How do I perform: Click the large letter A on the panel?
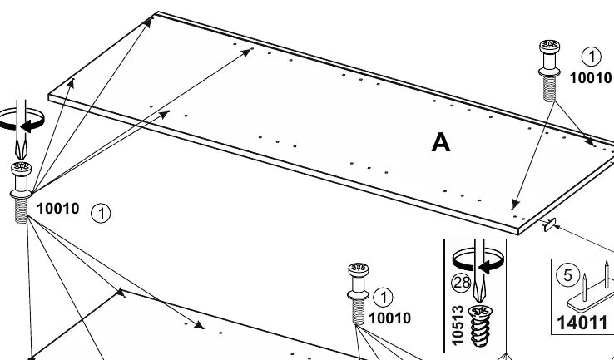440,142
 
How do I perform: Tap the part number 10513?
457,326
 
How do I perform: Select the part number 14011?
582,323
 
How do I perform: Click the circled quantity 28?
461,282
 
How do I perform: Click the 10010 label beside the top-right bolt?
590,78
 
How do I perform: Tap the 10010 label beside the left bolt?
58,209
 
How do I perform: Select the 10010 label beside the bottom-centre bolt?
389,318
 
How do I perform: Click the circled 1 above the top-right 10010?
591,57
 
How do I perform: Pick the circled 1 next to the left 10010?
101,214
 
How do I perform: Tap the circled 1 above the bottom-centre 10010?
383,298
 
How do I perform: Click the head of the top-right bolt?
549,47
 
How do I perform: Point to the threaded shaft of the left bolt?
21,210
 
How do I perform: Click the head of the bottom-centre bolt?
358,269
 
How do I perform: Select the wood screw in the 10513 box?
480,326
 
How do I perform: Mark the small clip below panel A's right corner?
550,225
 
